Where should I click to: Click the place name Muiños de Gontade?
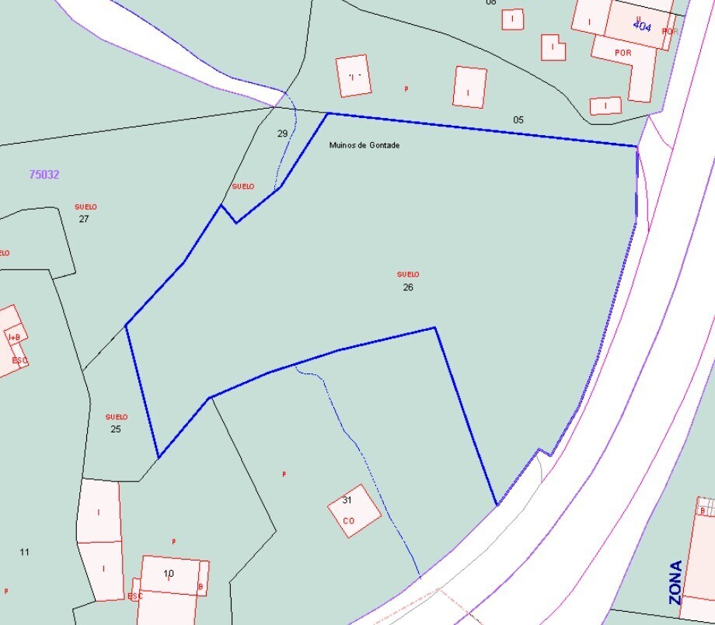coord(364,145)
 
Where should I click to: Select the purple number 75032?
coord(44,175)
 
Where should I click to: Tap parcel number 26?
coord(408,287)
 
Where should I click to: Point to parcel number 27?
coord(84,219)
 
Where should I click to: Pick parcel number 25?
coord(116,429)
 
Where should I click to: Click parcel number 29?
coord(282,134)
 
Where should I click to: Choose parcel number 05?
coord(518,120)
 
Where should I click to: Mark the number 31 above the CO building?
coord(347,500)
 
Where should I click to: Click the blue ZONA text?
coord(675,582)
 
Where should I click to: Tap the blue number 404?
coord(642,26)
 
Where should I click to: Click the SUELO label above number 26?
coord(408,274)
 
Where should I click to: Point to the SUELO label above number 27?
coord(85,207)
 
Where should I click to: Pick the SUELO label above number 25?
coord(117,417)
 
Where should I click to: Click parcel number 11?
coord(24,552)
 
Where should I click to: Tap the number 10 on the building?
coord(169,574)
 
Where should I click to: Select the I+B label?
coord(15,338)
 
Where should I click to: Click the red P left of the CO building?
coord(284,474)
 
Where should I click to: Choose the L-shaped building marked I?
coord(553,47)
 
